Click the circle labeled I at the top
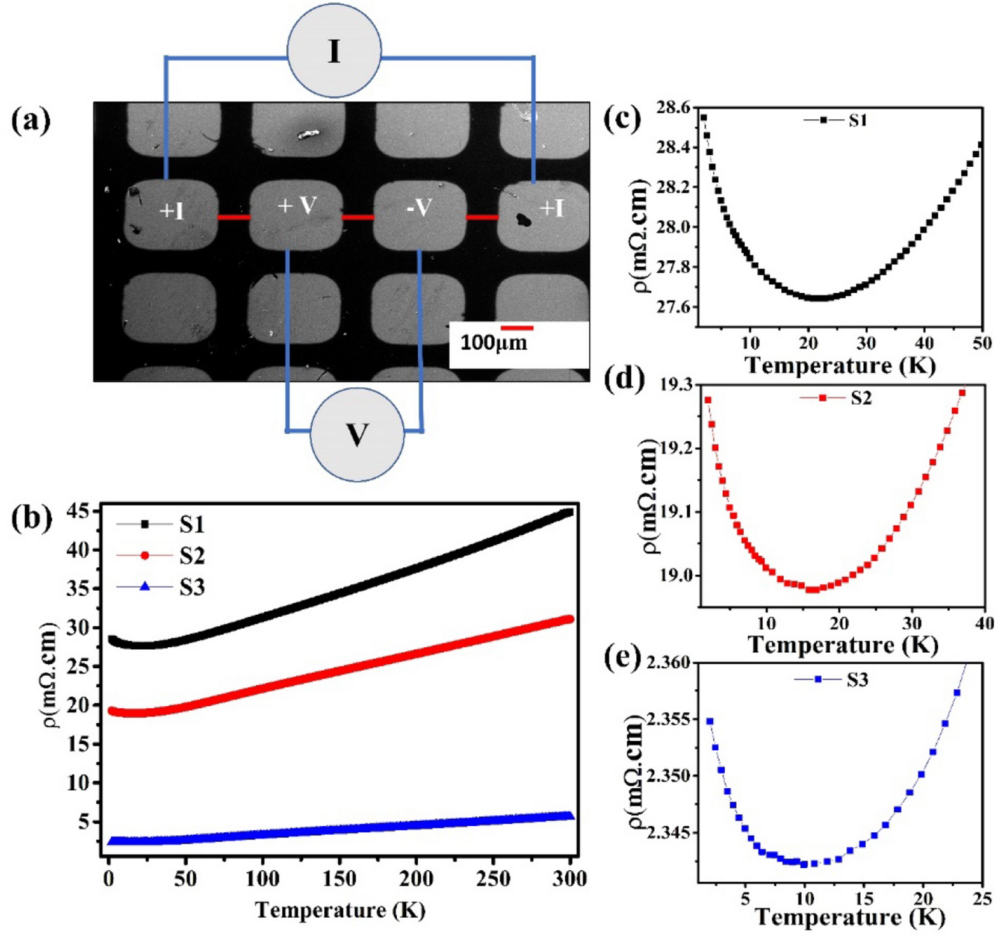coord(334,51)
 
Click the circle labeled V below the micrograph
coord(357,434)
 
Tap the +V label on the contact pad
coord(297,206)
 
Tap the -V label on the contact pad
coord(419,208)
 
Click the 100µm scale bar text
coord(494,343)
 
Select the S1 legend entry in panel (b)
coord(191,525)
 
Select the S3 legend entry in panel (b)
coord(191,587)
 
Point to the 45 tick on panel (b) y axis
coord(83,512)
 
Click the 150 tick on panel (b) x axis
coord(339,879)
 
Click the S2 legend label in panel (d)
coord(861,398)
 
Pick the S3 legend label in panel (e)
coord(857,680)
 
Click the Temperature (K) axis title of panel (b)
coord(340,910)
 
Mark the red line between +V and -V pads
coord(358,217)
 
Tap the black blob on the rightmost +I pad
coord(523,220)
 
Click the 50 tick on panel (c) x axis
coord(982,343)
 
